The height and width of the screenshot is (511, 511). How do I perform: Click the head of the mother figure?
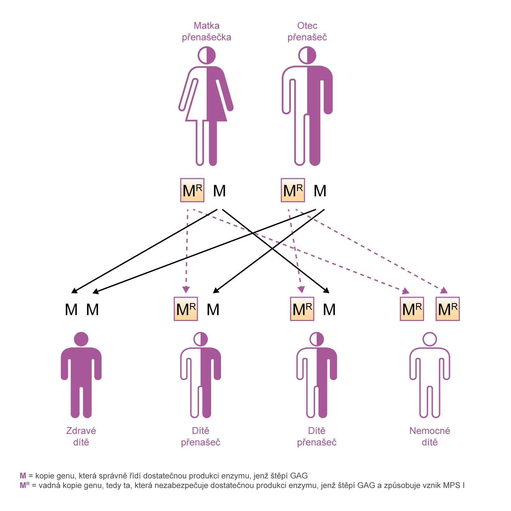point(207,55)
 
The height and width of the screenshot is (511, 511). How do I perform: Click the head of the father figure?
point(307,55)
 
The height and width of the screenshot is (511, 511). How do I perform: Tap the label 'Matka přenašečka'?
point(207,31)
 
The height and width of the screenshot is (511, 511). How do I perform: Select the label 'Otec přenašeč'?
point(307,31)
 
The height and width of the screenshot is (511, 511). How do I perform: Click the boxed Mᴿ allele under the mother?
point(192,190)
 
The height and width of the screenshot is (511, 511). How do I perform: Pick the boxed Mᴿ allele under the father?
point(293,190)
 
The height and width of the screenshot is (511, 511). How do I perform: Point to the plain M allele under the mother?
point(219,191)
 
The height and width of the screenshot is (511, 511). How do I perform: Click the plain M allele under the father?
point(320,191)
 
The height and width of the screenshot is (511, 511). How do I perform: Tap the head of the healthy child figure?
point(81,339)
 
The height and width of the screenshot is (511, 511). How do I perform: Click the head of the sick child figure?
point(430,339)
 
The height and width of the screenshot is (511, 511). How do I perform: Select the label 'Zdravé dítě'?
point(81,437)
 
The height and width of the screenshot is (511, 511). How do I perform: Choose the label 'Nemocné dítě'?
point(430,437)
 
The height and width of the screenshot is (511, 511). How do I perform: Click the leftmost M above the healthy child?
point(71,310)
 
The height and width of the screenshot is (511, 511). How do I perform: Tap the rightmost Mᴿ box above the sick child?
point(448,309)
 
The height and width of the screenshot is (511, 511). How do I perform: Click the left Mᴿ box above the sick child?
point(412,309)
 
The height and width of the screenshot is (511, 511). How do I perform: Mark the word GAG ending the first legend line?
point(299,476)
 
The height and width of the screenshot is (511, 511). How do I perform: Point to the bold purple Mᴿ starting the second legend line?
point(25,485)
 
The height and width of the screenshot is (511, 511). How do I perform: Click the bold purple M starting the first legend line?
point(23,476)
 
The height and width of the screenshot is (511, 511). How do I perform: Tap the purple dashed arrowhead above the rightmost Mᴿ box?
point(444,290)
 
